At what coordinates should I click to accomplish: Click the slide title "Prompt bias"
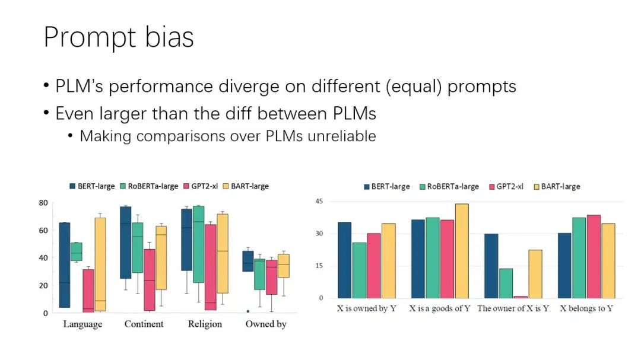click(119, 37)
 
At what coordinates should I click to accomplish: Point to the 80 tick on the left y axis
click(43, 202)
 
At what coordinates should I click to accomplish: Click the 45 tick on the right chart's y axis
click(319, 202)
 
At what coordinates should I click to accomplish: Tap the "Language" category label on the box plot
click(82, 324)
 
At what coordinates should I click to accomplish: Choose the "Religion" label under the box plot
click(205, 324)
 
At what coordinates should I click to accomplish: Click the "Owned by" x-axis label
click(266, 324)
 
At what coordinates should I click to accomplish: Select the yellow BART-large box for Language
click(100, 263)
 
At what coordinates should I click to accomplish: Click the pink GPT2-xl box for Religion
click(210, 267)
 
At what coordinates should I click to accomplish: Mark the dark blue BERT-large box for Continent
click(125, 243)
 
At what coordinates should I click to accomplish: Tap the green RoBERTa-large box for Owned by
click(259, 274)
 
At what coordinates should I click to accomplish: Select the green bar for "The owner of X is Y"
click(506, 283)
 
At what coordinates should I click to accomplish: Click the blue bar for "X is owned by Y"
click(344, 260)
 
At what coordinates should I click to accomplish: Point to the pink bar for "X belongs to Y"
click(594, 256)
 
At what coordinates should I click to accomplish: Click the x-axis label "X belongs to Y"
click(586, 308)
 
